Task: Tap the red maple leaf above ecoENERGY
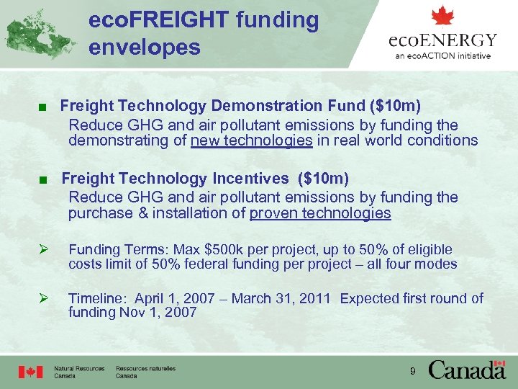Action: pos(442,16)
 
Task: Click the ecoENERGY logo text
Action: pos(442,40)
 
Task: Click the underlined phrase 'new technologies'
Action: pos(251,140)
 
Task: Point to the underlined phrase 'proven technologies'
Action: pos(320,213)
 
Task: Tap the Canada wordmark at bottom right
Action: pos(467,370)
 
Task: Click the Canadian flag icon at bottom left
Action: pos(31,372)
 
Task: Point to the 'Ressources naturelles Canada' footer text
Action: pos(145,372)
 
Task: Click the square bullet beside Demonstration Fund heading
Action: pos(45,108)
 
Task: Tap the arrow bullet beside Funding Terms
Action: pos(43,250)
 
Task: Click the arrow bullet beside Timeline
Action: pos(43,298)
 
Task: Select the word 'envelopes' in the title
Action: pos(144,48)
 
